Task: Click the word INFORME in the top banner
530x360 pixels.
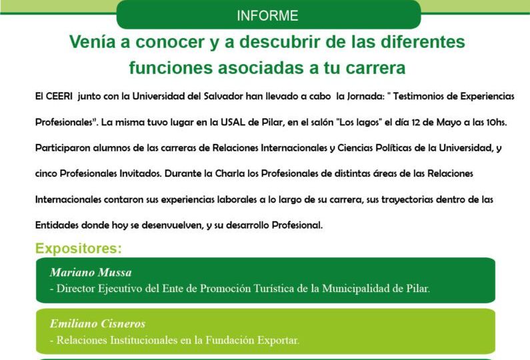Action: coord(267,15)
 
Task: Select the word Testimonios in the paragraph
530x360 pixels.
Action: coord(435,96)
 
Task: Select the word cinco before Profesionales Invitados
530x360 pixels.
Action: coord(47,173)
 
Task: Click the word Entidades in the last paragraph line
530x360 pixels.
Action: coord(57,225)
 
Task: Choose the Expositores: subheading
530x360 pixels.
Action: coord(79,249)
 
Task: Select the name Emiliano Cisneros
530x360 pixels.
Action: coord(97,324)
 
